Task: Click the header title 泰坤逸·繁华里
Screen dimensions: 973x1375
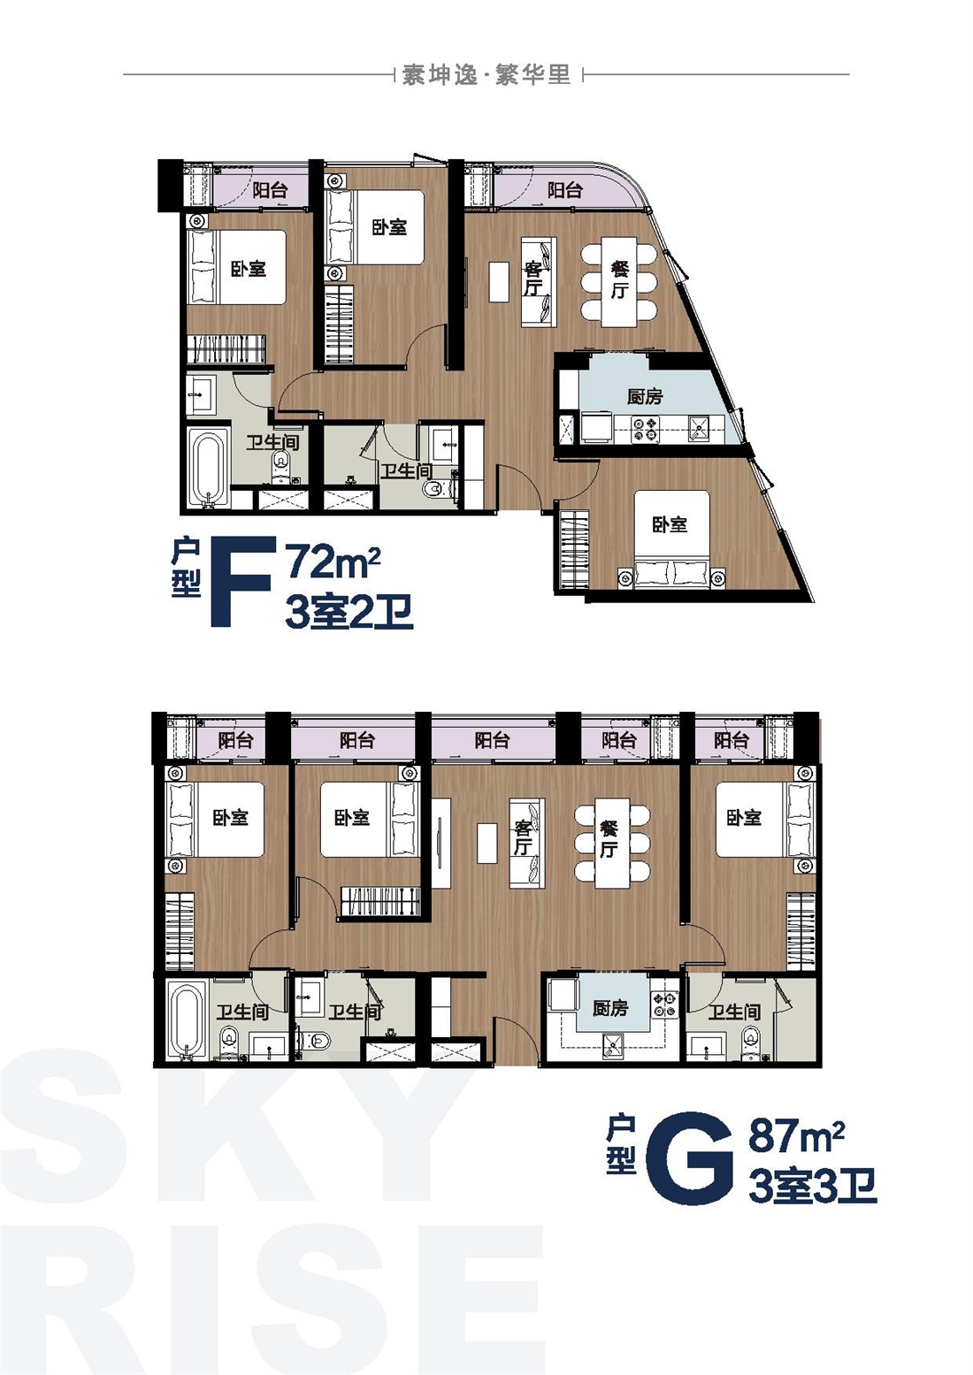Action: [x=486, y=75]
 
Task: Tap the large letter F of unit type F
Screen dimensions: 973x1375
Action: [x=241, y=581]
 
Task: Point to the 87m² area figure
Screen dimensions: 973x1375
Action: [x=796, y=1135]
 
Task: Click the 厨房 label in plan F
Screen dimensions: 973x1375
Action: [x=645, y=396]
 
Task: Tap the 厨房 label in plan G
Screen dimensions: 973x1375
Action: [x=610, y=1008]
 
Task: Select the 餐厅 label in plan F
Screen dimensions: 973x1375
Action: [x=619, y=280]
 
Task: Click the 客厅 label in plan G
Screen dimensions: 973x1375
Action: [x=523, y=838]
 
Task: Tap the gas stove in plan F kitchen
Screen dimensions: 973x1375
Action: [x=645, y=429]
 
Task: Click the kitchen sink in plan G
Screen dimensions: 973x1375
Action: [x=613, y=1046]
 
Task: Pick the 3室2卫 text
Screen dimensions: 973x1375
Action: [x=349, y=613]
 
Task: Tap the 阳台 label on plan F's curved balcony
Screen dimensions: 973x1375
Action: [x=564, y=190]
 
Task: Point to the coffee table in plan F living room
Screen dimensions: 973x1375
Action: [x=499, y=282]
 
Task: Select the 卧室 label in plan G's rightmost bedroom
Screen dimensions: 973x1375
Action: [x=743, y=817]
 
